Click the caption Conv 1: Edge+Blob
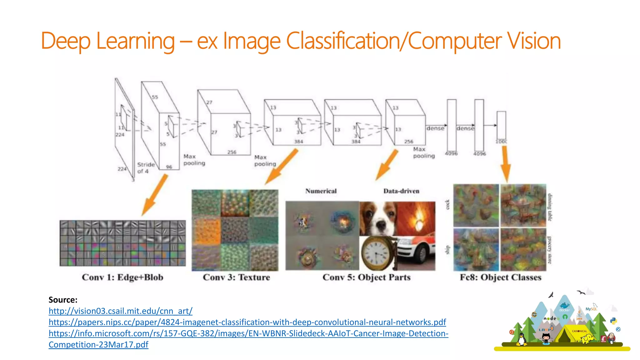tap(122, 277)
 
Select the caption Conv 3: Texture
tap(236, 277)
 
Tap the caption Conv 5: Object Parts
tap(366, 277)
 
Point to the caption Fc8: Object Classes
tap(500, 277)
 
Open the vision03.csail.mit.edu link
tap(120, 311)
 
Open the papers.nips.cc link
tap(247, 322)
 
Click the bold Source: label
tap(63, 300)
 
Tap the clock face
tap(376, 253)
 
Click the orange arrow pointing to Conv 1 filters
tap(155, 195)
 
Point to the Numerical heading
tap(321, 191)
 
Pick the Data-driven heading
tap(401, 191)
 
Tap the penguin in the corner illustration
tap(521, 339)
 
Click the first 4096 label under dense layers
tap(451, 154)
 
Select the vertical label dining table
tap(550, 207)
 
